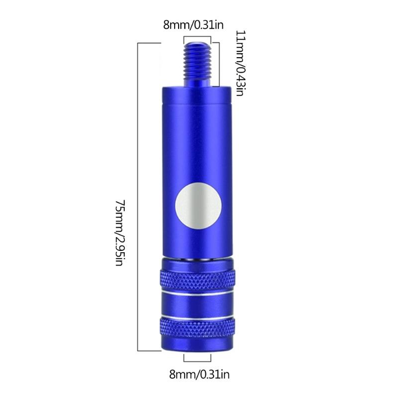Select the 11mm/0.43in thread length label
240,63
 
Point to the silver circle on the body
199,205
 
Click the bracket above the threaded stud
199,38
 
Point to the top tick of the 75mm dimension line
149,44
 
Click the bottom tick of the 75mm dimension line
149,351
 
